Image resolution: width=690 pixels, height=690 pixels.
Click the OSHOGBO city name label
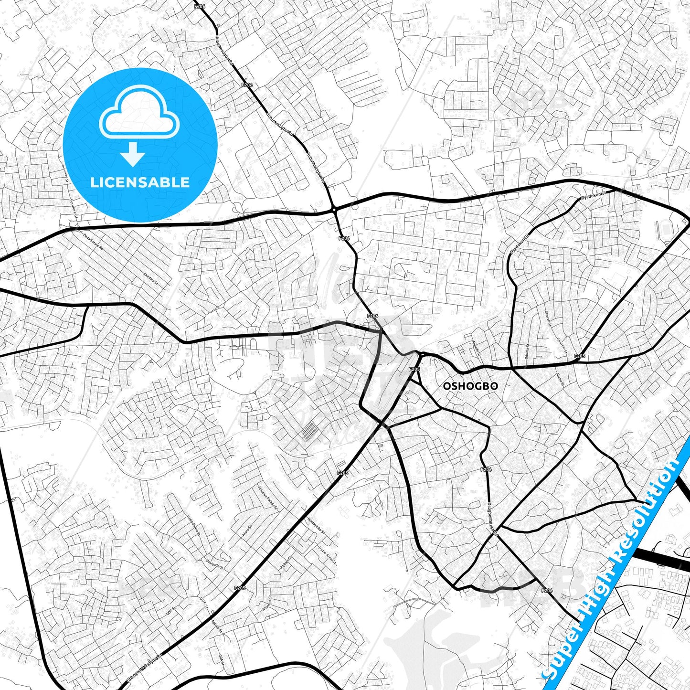(x=470, y=386)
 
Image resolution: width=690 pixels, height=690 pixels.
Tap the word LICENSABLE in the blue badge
(x=140, y=182)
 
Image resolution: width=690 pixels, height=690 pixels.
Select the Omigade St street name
(x=214, y=564)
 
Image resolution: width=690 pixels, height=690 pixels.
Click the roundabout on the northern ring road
(x=334, y=209)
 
